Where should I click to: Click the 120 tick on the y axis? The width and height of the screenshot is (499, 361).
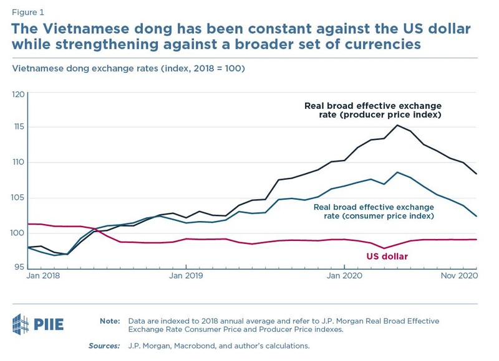pyautogui.click(x=17, y=95)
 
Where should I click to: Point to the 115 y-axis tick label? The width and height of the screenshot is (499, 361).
pyautogui.click(x=17, y=128)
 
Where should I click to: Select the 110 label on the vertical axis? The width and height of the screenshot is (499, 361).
pyautogui.click(x=17, y=163)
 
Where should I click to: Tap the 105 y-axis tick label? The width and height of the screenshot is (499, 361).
pyautogui.click(x=17, y=199)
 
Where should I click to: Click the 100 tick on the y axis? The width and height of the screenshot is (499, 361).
pyautogui.click(x=17, y=233)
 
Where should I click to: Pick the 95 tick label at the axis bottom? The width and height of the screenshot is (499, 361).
pyautogui.click(x=19, y=267)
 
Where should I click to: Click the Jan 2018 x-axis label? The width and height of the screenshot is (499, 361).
pyautogui.click(x=42, y=274)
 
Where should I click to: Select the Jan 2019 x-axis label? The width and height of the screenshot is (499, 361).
pyautogui.click(x=186, y=274)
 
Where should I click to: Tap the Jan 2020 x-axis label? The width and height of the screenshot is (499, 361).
pyautogui.click(x=344, y=274)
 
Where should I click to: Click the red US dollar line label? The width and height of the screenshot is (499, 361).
pyautogui.click(x=387, y=256)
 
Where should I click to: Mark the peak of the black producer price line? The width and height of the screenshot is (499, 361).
pyautogui.click(x=397, y=125)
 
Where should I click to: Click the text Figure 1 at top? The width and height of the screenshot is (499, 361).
pyautogui.click(x=28, y=12)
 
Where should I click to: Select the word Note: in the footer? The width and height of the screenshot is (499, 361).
pyautogui.click(x=110, y=321)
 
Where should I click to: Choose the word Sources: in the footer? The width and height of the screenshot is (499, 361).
pyautogui.click(x=105, y=345)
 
